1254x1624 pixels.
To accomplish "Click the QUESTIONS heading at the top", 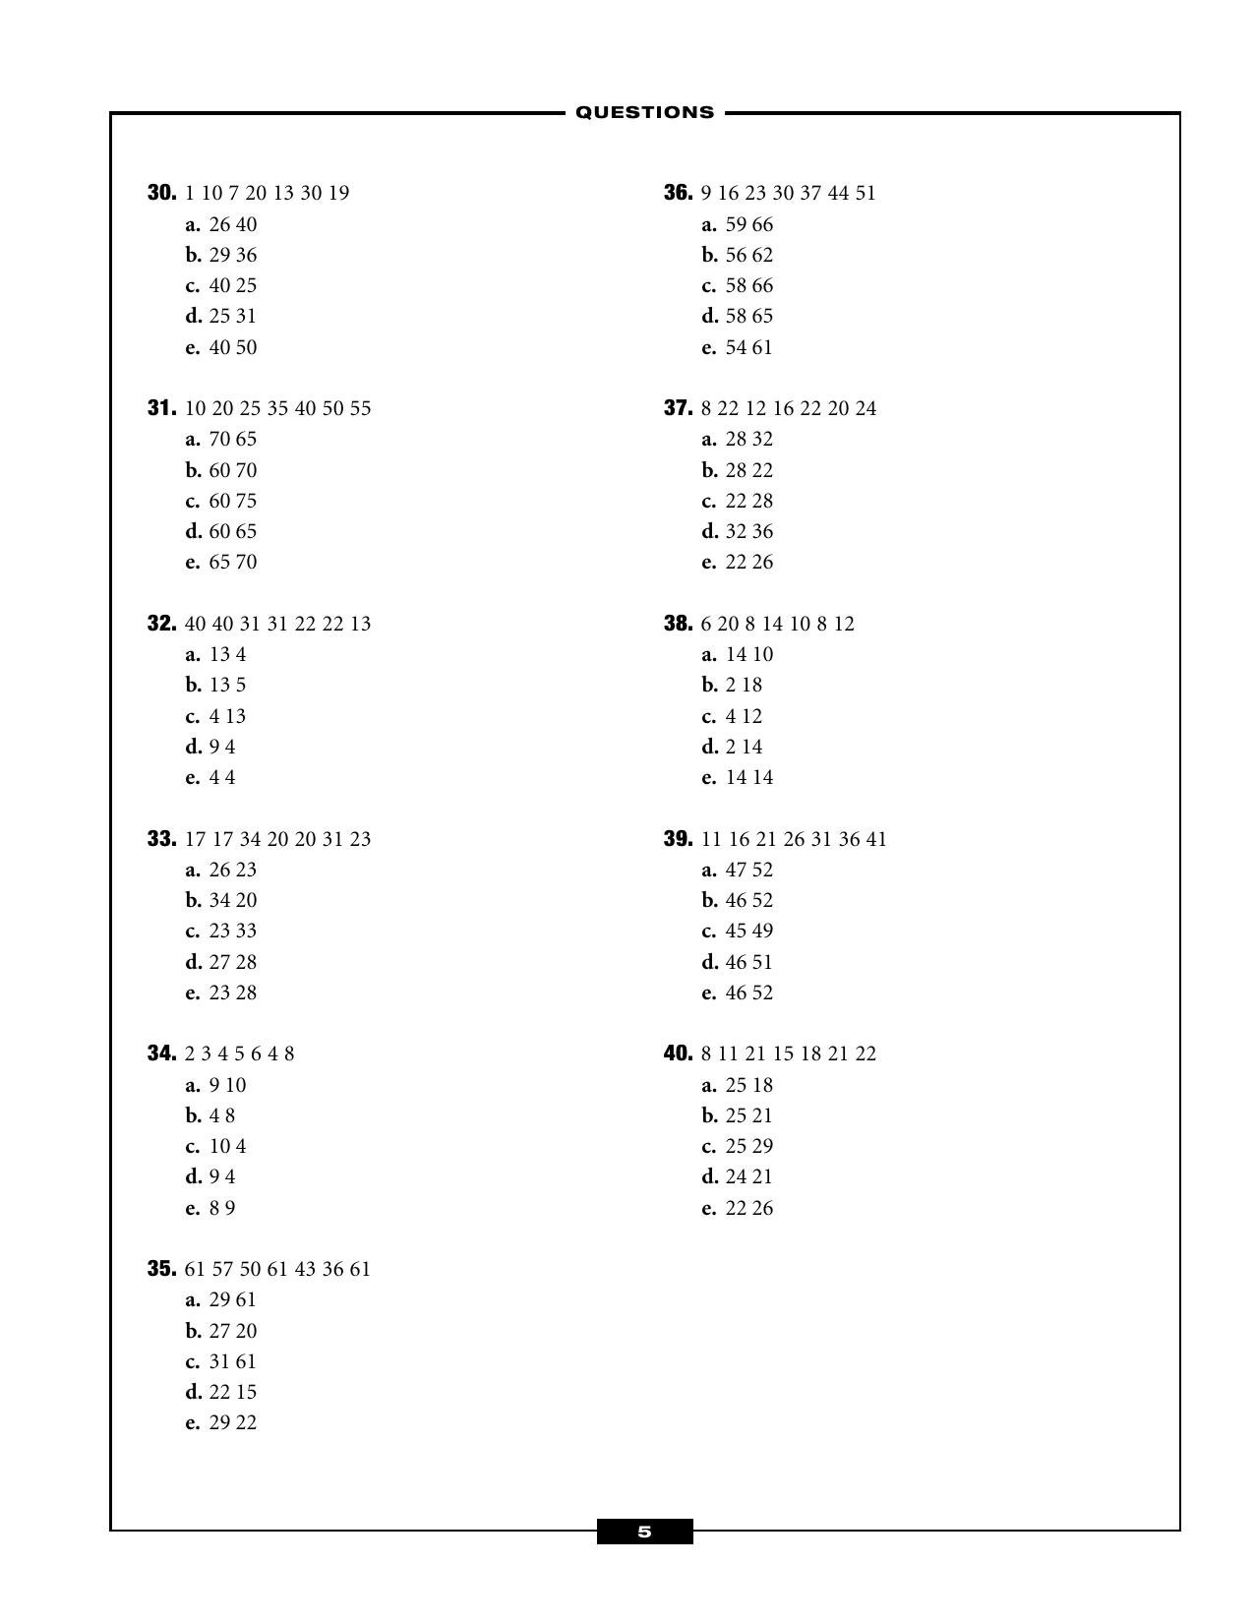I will click(644, 112).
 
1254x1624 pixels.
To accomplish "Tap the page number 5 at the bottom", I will click(644, 1532).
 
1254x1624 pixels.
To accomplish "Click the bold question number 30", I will click(161, 193).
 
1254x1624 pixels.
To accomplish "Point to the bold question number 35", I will click(161, 1269).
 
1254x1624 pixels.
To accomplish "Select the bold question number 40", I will click(678, 1053).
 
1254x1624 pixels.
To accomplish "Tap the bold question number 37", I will click(678, 408).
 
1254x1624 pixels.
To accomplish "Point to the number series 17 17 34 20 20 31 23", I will click(277, 839).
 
